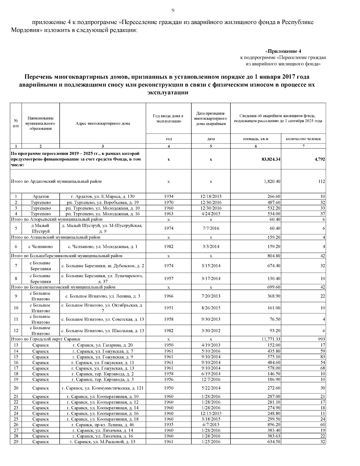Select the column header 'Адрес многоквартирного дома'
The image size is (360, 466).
pos(103,123)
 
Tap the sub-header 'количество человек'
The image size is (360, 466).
pos(303,139)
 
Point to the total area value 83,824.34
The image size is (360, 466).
pos(271,159)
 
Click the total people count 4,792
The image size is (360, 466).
pos(320,159)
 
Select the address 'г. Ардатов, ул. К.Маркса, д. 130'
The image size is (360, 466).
pos(103,197)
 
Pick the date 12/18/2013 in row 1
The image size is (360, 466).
pos(211,197)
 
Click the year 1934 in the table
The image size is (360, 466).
pos(169,197)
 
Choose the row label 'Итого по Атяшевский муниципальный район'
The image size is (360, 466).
pos(55,237)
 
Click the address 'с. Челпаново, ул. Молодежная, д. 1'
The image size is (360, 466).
pos(103,247)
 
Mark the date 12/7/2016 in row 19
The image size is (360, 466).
pos(211,380)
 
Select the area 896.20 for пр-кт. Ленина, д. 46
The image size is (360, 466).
pos(274,425)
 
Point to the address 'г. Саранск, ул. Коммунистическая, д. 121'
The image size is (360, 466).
pos(103,388)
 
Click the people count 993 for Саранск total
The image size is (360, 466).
pos(321,339)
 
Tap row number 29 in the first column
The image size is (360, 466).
pos(16,442)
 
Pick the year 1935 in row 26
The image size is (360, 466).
pos(169,425)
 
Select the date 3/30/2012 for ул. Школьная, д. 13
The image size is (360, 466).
pos(211,331)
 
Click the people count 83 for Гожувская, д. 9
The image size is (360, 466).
pos(322,357)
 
